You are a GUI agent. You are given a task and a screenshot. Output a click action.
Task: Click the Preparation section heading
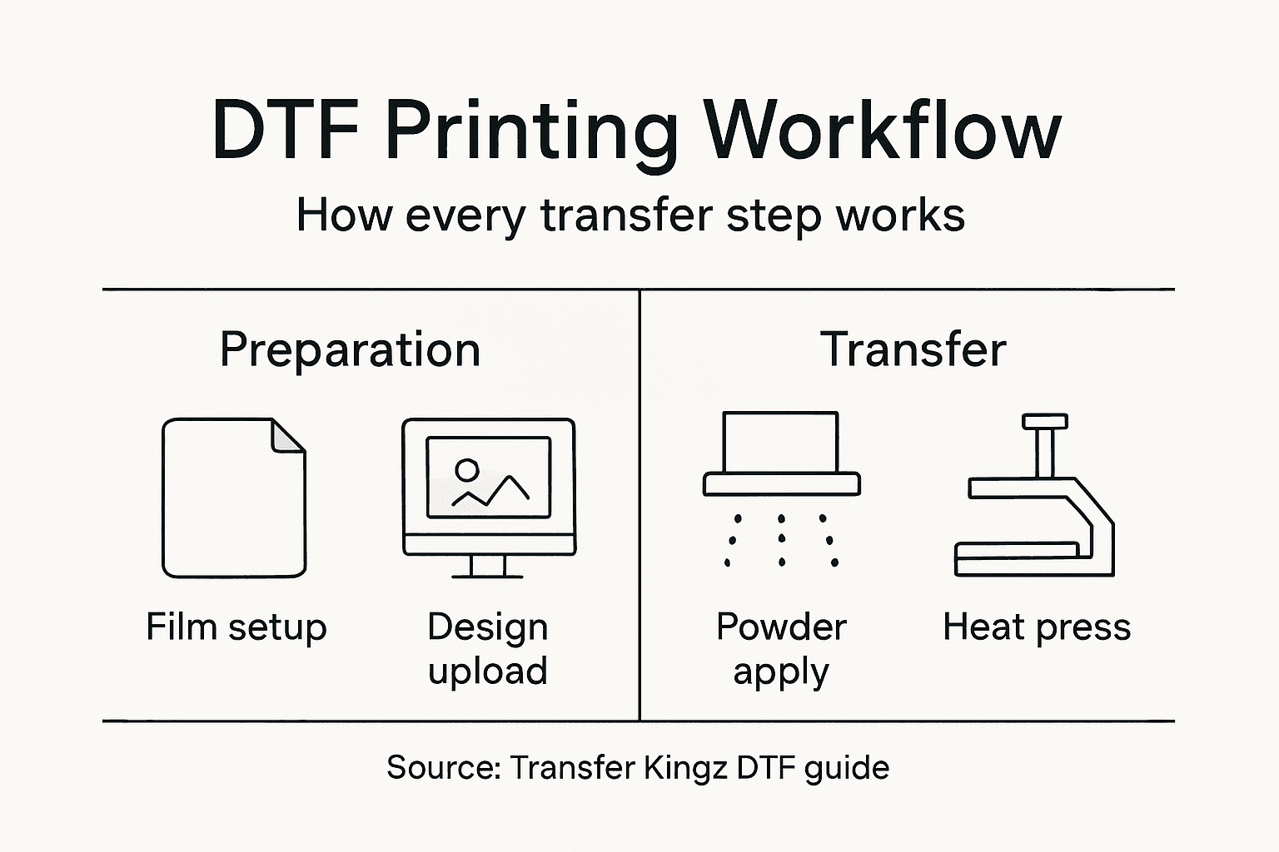tap(350, 349)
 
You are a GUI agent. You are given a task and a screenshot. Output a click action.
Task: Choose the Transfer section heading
tap(913, 349)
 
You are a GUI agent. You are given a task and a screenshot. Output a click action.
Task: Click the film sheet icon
tap(234, 498)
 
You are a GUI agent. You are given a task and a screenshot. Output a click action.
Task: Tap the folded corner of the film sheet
tap(289, 436)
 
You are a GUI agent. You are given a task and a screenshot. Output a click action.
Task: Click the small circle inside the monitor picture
tap(467, 471)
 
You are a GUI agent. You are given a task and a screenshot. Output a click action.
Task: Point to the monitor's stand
tap(488, 567)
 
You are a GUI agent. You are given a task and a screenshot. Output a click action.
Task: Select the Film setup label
tap(236, 627)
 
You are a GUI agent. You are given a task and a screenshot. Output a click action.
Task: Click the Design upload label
tap(488, 649)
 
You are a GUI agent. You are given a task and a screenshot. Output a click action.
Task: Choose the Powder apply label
tap(781, 649)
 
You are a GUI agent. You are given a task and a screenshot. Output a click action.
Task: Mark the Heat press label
tap(1037, 627)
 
